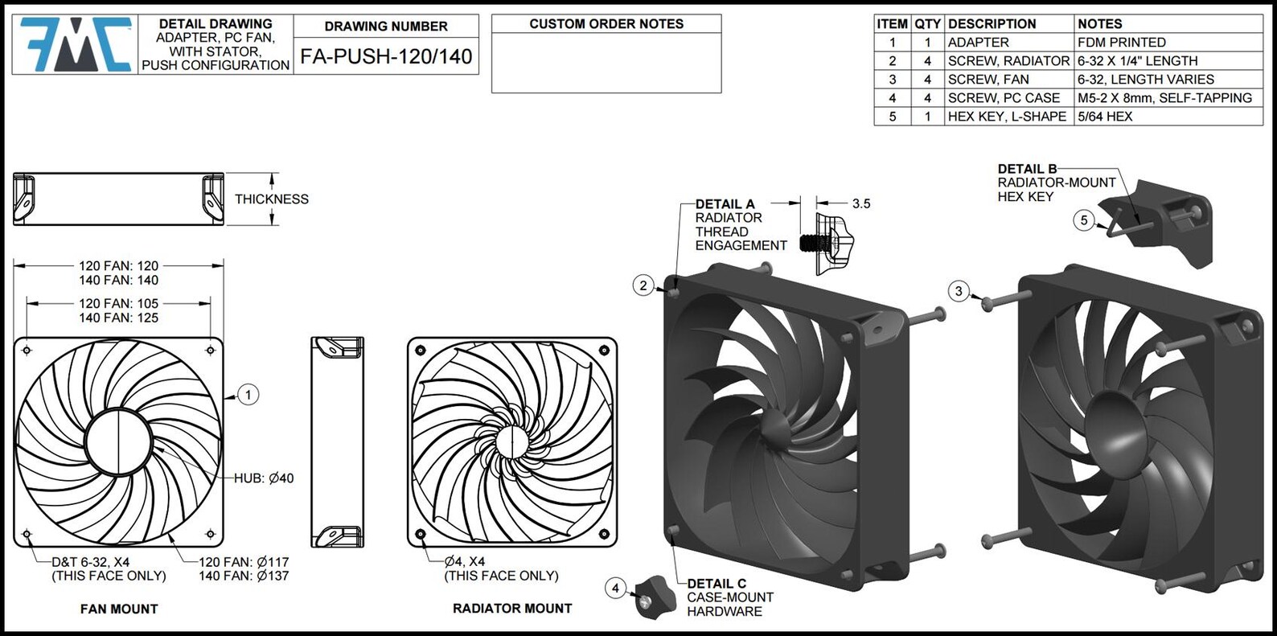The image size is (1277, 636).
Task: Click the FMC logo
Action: click(76, 44)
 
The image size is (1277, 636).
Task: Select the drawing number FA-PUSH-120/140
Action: click(386, 57)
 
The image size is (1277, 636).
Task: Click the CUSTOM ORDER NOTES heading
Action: click(606, 24)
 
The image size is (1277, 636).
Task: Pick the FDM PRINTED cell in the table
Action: click(1121, 43)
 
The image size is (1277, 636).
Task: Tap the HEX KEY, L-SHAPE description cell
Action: click(1007, 117)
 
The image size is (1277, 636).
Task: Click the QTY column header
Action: click(927, 24)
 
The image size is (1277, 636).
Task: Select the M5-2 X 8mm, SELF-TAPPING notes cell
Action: click(1164, 98)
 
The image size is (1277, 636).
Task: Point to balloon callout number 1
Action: click(249, 395)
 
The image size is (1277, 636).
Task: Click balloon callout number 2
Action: click(643, 285)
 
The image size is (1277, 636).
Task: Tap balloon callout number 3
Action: click(959, 291)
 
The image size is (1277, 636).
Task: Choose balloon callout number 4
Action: click(615, 589)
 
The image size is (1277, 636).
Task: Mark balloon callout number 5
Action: click(1084, 220)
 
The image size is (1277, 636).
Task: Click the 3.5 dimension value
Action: click(861, 204)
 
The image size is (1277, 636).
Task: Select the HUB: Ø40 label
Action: click(264, 478)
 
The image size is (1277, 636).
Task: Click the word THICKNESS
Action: click(272, 199)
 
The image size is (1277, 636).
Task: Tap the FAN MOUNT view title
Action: click(119, 609)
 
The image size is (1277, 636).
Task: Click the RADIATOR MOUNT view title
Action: click(512, 609)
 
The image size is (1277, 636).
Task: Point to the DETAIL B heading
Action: click(1027, 169)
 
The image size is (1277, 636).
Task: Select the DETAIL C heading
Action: click(717, 584)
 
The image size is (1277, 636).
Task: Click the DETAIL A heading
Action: click(725, 204)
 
